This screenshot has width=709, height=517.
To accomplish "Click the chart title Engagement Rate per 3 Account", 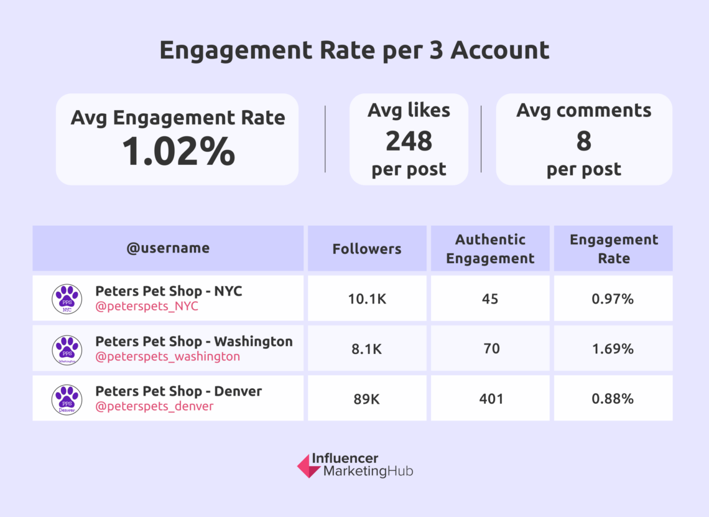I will [354, 50].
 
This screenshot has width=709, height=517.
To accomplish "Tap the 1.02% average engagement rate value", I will [178, 151].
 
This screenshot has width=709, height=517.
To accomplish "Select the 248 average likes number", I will [409, 141].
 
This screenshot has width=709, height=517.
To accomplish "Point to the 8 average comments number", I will [583, 141].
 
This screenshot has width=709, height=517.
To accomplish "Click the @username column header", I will [168, 248].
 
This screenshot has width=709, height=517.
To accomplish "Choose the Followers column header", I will [367, 249].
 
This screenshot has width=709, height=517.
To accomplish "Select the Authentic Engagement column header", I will [490, 249].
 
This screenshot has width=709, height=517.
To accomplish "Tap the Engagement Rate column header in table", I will [613, 249].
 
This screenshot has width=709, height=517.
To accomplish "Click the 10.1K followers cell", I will [367, 299].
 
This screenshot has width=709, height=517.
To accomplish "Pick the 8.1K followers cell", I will [367, 349].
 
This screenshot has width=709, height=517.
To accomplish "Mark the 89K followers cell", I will [367, 399].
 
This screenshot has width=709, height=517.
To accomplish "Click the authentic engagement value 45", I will [490, 299].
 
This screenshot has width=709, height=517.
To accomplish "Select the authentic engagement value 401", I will [490, 399].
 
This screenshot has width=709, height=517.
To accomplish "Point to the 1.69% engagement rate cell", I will [613, 349].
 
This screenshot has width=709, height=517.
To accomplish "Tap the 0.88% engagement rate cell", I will [613, 399].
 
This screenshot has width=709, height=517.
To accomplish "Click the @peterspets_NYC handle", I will [147, 306].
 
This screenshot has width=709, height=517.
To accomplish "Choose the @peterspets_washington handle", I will [167, 356].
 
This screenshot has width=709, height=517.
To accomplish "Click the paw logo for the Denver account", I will [67, 399].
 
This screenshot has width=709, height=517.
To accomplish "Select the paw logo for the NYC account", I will [67, 299].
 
